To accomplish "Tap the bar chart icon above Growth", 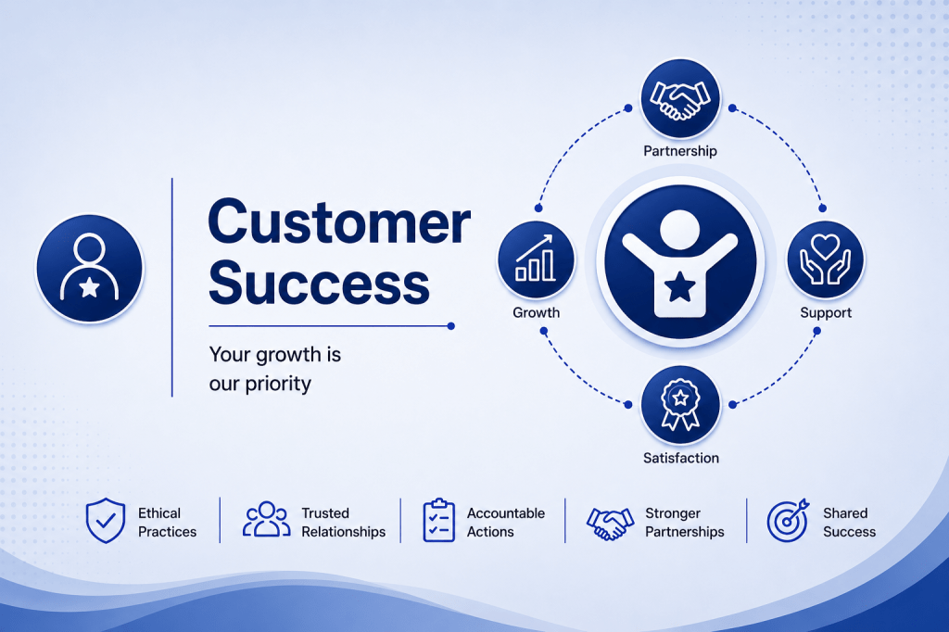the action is point(535,259).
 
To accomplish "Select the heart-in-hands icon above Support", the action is point(826,259).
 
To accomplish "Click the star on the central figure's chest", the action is point(680,286).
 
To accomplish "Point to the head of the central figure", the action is point(679,230).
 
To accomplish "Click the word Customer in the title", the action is point(339,222).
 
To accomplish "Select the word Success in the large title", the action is point(319,283).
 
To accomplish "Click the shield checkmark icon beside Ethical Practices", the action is point(106,521).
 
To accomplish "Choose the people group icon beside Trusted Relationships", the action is point(266,519).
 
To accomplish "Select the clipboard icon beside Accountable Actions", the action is point(438,520).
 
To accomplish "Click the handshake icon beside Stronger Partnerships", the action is point(610,523).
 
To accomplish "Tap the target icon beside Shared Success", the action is point(788,520).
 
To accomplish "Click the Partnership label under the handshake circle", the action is point(680,151).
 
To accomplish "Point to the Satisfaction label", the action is point(681,459).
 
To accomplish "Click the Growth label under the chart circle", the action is point(537,313).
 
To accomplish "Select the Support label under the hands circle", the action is point(826,313).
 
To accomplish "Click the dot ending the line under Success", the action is point(451,326).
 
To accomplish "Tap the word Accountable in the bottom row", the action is point(506,513).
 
